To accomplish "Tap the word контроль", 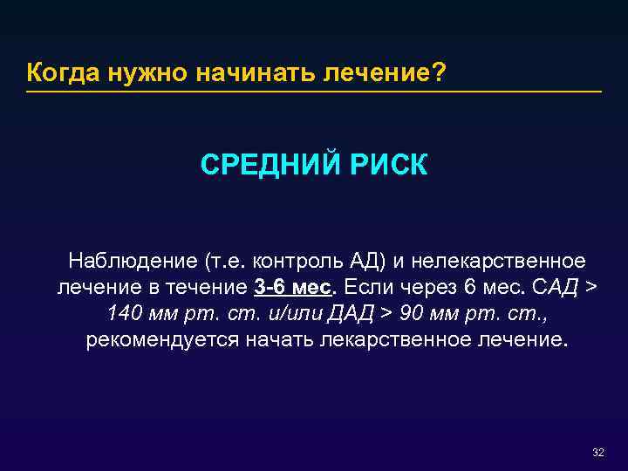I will pos(293,261).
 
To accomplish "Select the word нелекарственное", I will pos(499,261).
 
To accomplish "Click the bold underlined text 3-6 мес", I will pos(295,288).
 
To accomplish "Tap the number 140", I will pos(123,314).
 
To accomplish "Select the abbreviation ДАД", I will pos(358,314).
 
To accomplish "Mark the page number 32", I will pos(597,452).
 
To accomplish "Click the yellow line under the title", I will pos(314,91).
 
